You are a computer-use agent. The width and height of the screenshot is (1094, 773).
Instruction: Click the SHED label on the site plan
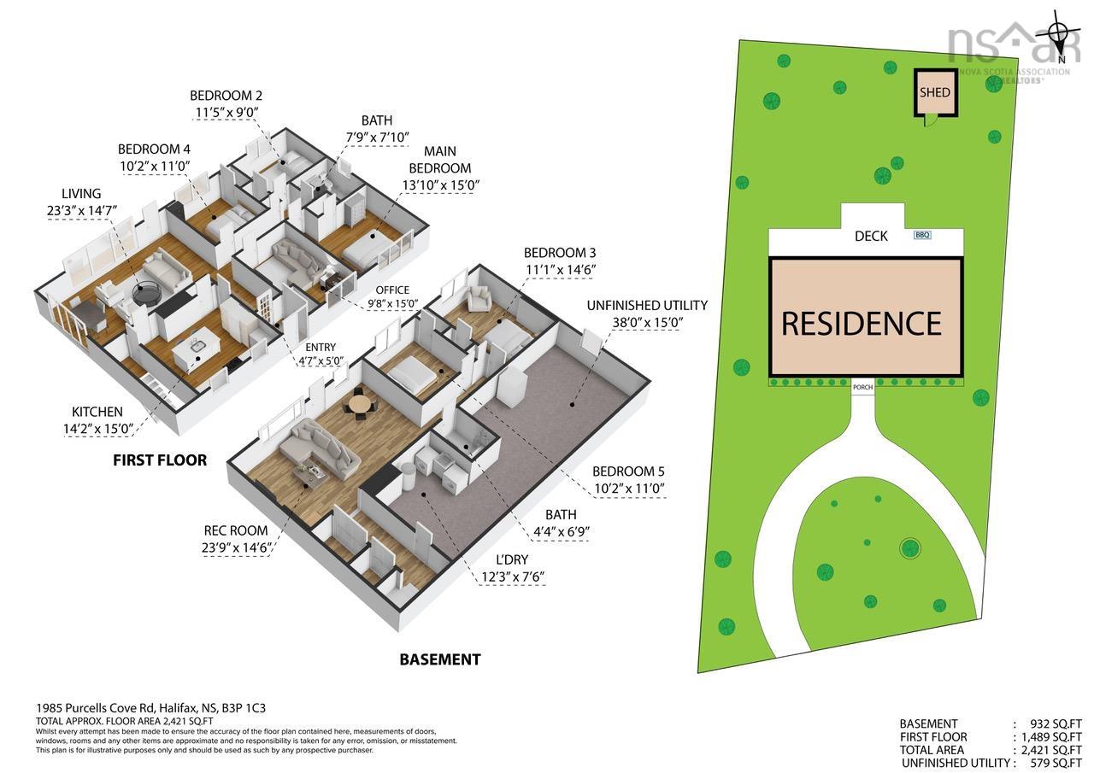[x=935, y=93]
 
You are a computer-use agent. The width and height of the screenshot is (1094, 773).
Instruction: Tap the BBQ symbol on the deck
[x=922, y=235]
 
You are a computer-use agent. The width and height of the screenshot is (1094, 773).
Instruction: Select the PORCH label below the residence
[x=862, y=387]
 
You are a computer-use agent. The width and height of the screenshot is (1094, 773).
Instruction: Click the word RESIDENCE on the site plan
[x=862, y=324]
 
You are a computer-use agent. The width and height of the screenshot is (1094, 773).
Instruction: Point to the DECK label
[x=871, y=237]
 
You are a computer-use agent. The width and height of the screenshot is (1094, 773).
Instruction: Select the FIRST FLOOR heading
[x=160, y=460]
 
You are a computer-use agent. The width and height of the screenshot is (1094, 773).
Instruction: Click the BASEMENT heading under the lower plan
[x=440, y=659]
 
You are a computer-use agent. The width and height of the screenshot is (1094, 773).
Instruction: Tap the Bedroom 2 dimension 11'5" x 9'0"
[x=226, y=112]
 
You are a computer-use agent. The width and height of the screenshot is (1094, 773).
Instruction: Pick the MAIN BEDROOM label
[x=439, y=160]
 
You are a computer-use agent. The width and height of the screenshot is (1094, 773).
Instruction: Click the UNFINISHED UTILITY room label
[x=647, y=306]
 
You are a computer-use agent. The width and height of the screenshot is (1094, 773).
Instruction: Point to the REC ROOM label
[x=235, y=530]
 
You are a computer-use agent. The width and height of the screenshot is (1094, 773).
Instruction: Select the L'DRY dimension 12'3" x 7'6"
[x=513, y=577]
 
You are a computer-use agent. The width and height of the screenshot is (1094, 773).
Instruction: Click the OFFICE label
[x=392, y=290]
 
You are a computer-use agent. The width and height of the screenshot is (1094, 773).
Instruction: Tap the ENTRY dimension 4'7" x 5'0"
[x=321, y=361]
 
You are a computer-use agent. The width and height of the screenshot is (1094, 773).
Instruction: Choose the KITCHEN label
[x=97, y=412]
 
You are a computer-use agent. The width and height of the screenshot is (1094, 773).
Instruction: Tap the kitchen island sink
[x=197, y=347]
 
